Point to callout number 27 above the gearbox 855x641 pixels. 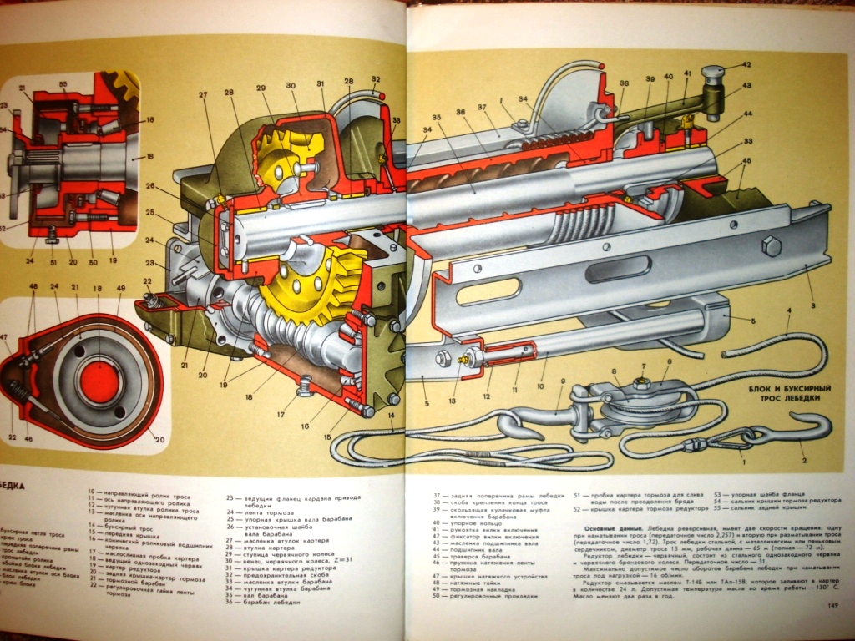[203, 119]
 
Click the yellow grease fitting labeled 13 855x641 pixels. [460, 356]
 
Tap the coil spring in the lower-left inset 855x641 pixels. [23, 391]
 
